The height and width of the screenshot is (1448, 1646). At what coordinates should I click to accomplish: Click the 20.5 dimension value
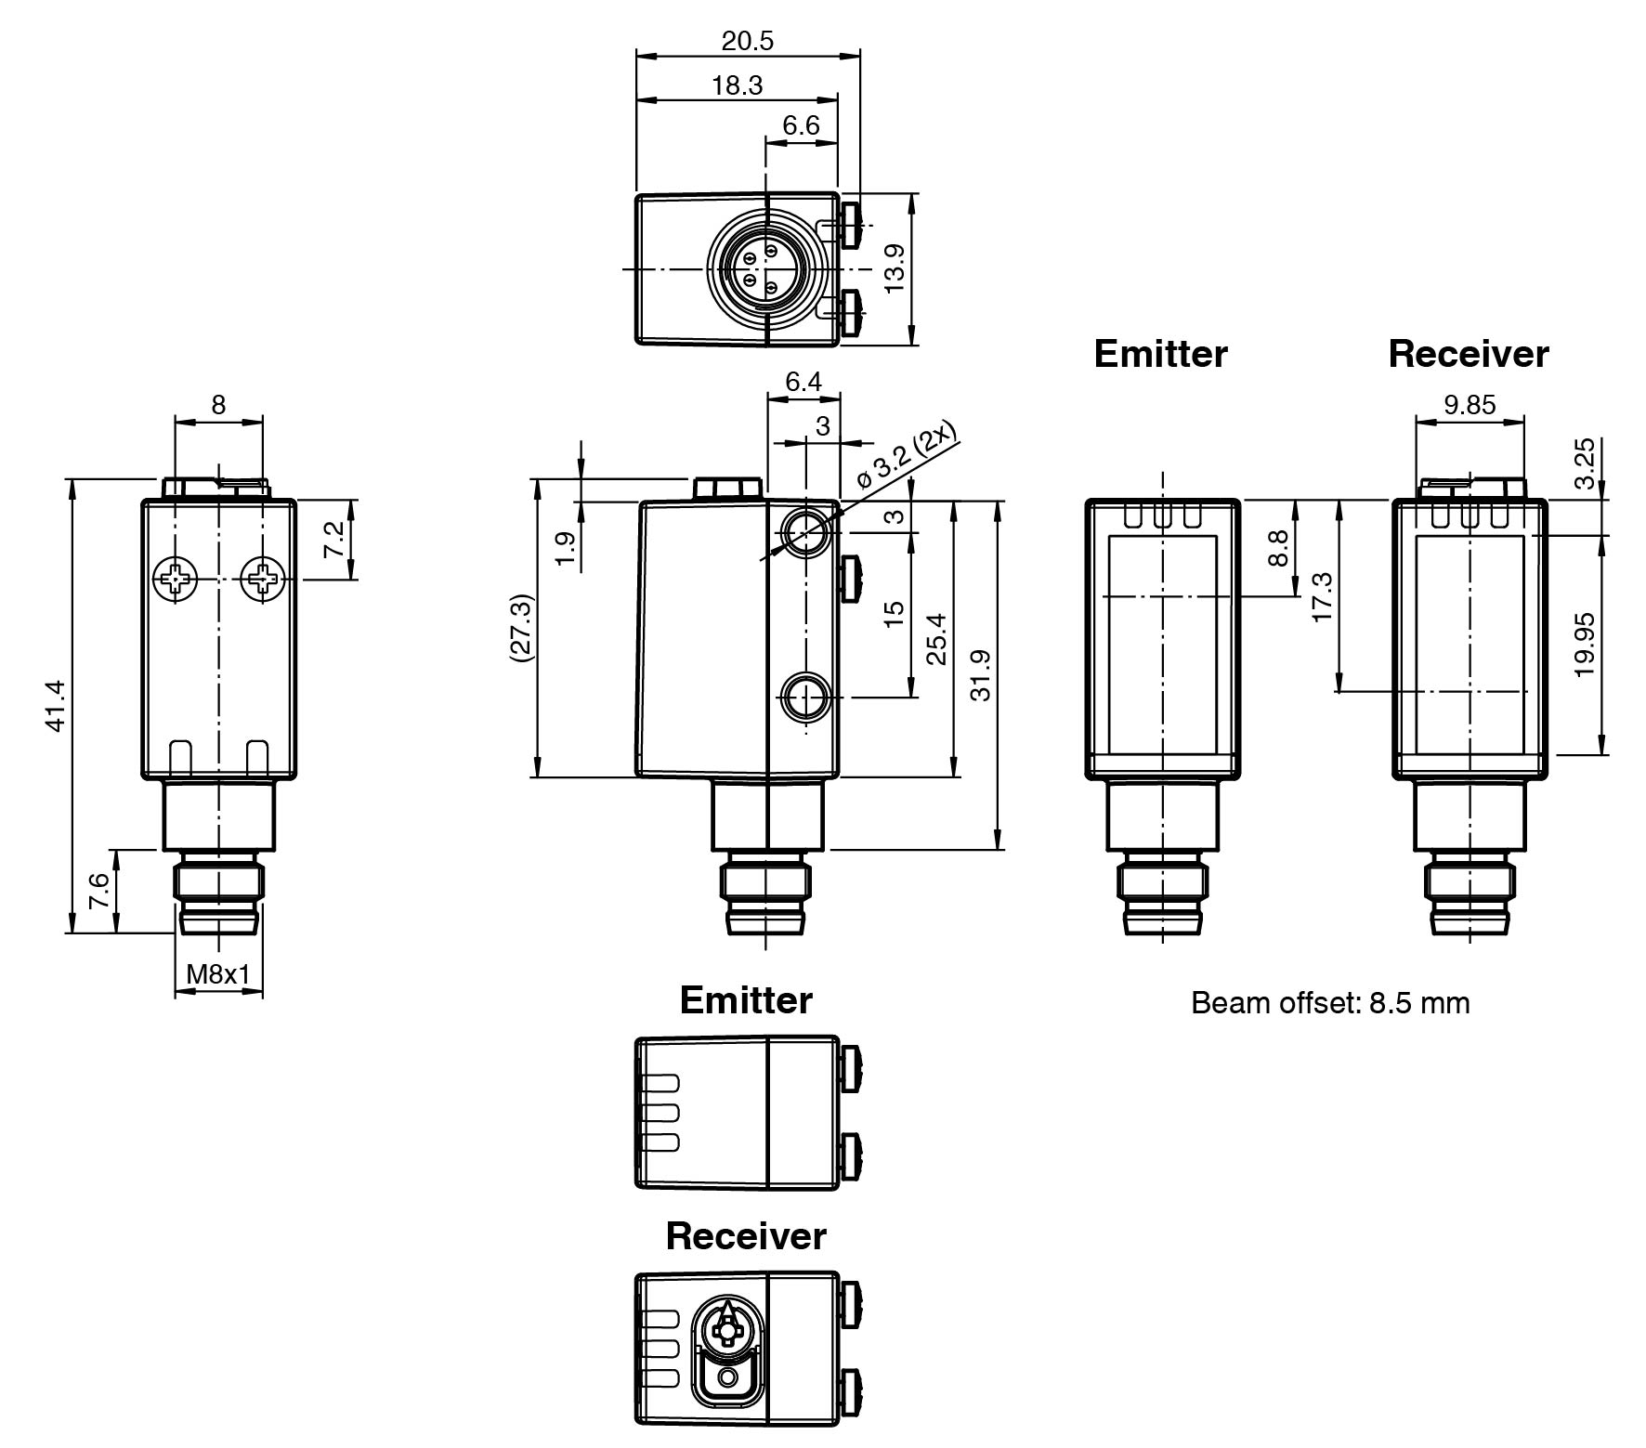[x=747, y=41]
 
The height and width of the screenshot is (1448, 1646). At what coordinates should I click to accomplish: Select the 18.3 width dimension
[x=737, y=85]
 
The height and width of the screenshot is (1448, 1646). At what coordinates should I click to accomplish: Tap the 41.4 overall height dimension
[x=55, y=706]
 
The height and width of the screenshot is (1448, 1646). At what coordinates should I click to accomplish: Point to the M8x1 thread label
[x=218, y=974]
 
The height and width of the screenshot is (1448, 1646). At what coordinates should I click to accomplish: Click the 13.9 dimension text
[x=894, y=268]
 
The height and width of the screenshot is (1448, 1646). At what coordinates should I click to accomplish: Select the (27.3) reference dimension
[x=521, y=628]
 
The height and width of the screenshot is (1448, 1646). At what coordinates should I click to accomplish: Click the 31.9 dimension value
[x=980, y=675]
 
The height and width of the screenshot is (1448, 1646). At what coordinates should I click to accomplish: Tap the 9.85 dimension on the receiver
[x=1470, y=405]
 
